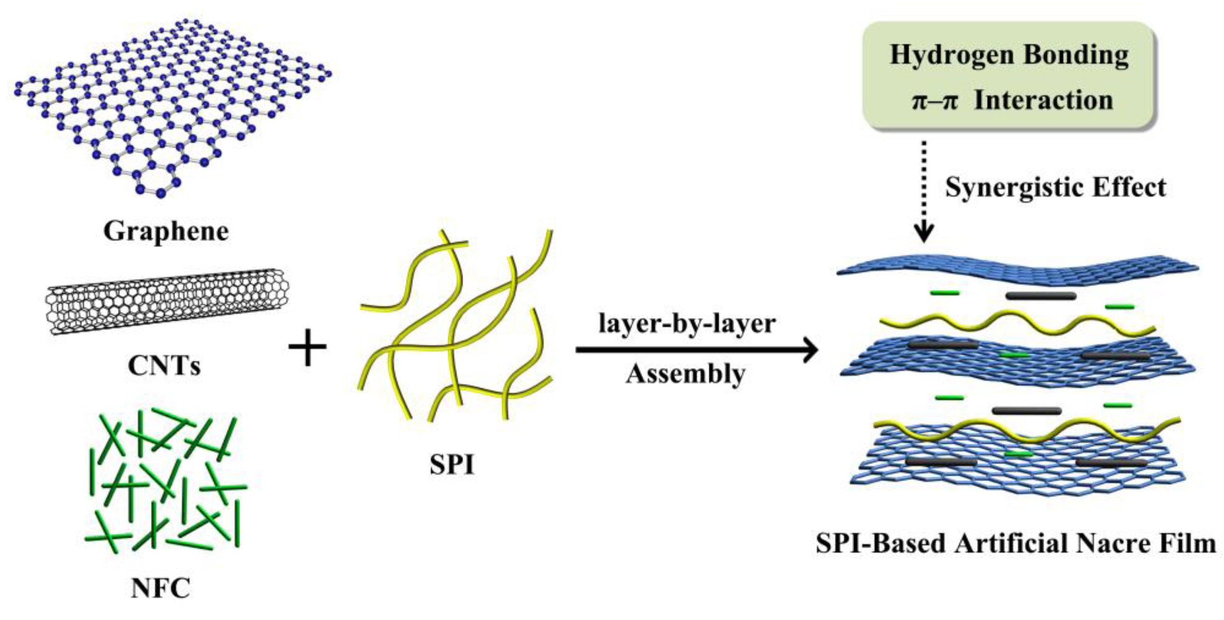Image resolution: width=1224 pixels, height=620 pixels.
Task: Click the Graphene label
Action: pos(166,231)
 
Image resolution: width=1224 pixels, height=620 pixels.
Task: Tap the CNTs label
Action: pos(164,366)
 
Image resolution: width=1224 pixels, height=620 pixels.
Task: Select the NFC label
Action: pos(160,588)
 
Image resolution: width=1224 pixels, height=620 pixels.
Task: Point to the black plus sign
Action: pos(307,347)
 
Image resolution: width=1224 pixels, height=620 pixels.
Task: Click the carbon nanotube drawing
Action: pos(167,301)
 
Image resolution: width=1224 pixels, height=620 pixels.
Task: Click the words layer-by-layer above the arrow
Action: pos(687,324)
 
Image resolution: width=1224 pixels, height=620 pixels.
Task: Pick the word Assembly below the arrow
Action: pos(685,373)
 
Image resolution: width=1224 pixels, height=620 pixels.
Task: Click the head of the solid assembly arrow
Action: pos(810,350)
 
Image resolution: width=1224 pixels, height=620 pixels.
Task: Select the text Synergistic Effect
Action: pos(1055,187)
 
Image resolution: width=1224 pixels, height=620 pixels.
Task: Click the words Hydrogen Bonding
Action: pos(1009,55)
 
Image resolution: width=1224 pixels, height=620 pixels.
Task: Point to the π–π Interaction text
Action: pos(1011,100)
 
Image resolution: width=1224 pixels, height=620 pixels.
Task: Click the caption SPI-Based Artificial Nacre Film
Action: pos(1016,543)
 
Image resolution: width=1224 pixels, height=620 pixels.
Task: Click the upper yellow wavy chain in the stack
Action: pos(1017,323)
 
